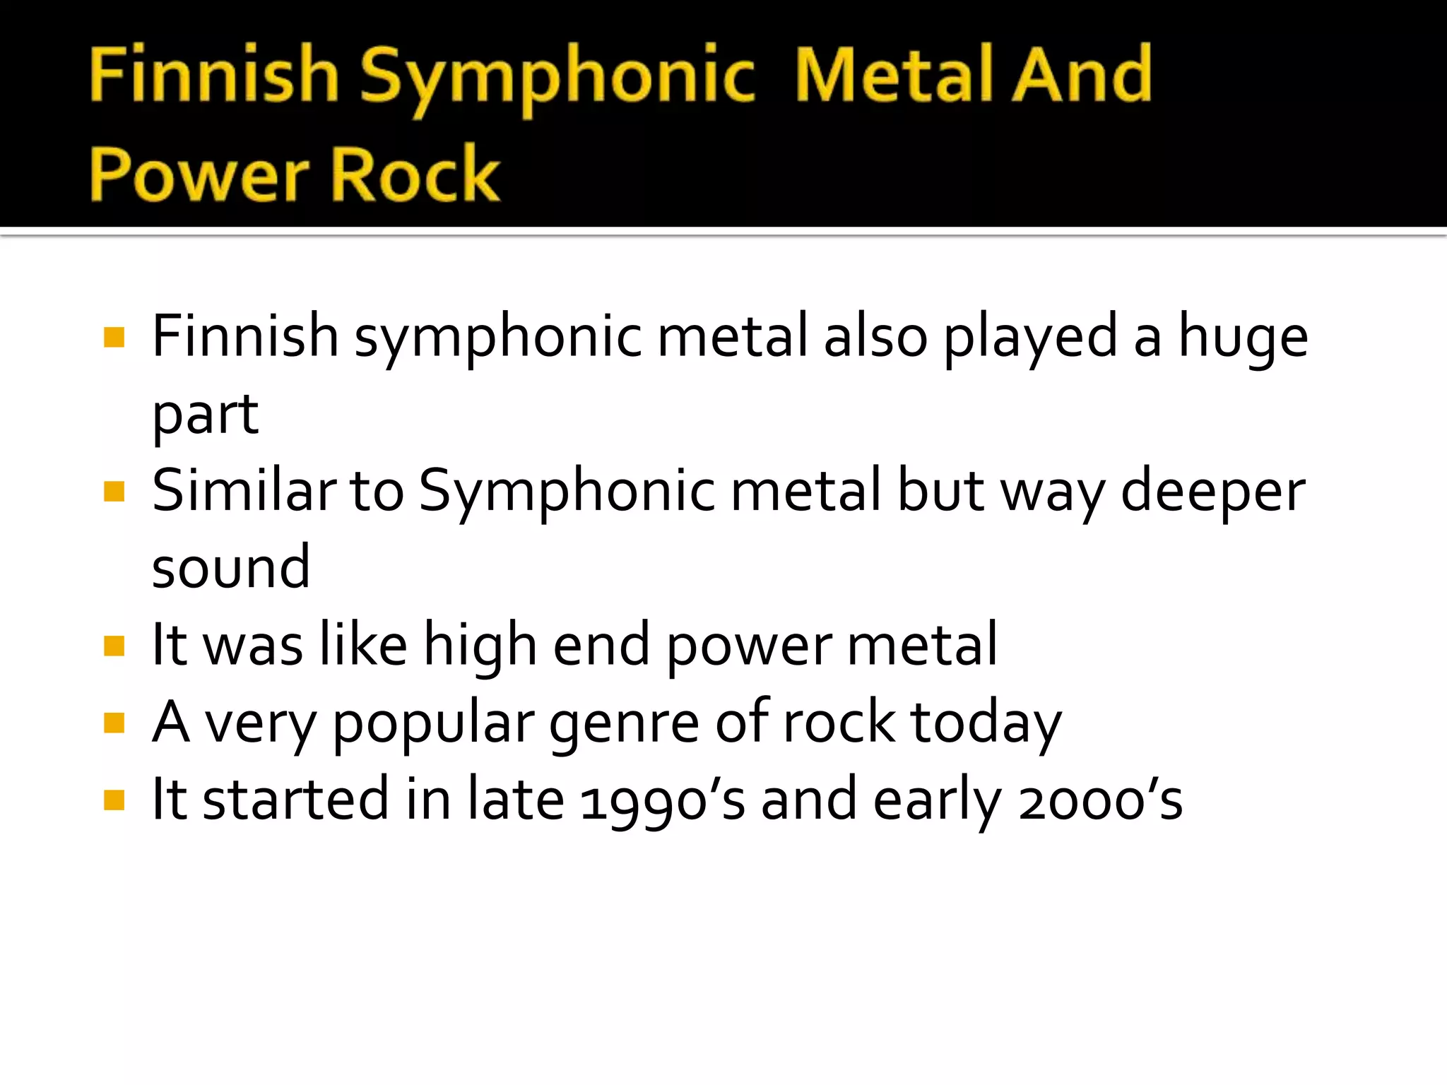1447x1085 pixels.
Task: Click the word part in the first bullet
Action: tap(206, 415)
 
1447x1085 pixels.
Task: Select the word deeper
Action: tap(1213, 492)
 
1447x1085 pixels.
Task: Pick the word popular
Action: tap(433, 723)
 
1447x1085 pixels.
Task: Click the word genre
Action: tap(624, 723)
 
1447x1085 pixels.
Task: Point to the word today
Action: tap(986, 723)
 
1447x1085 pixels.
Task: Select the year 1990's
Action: tap(662, 801)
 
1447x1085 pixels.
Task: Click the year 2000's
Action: tap(1100, 801)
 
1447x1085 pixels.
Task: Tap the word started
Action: tap(295, 800)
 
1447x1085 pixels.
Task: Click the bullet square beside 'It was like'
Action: tap(114, 646)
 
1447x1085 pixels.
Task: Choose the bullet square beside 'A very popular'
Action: tap(114, 723)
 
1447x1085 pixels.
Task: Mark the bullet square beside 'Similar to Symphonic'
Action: tap(114, 491)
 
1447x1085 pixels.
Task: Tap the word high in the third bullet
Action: tap(480, 646)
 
